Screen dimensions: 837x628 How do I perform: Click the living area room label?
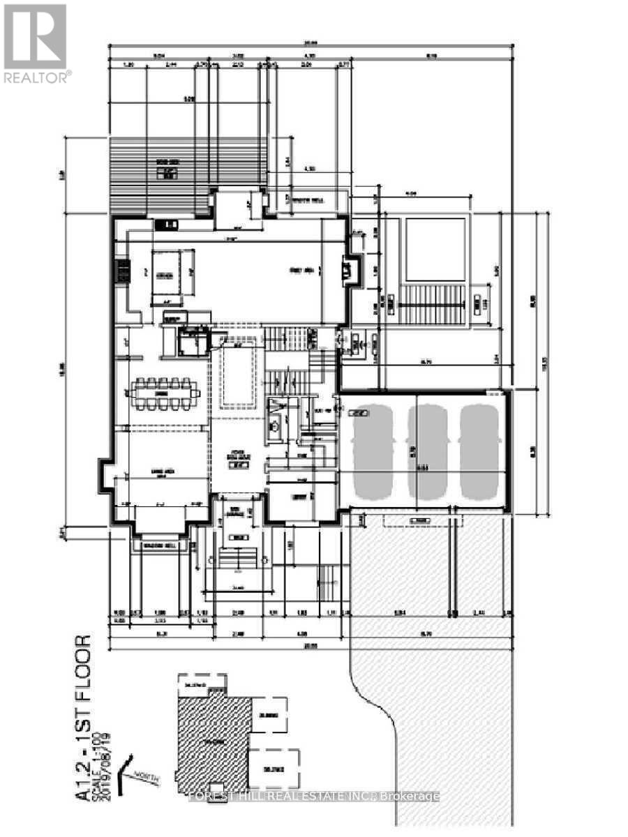click(x=165, y=472)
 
